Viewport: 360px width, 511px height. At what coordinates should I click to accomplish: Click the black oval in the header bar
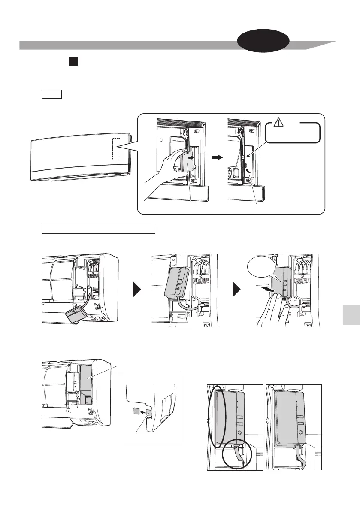click(x=264, y=43)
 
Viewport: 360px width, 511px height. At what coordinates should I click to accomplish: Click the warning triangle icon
click(x=278, y=123)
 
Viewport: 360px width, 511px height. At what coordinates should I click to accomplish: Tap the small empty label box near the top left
click(x=52, y=94)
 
